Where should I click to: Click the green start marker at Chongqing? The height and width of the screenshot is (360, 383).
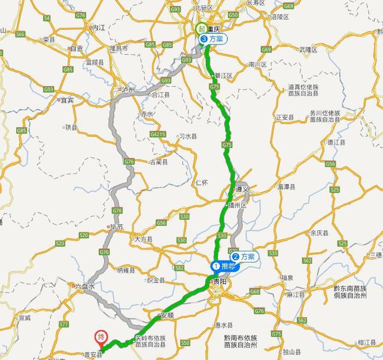[x=202, y=28]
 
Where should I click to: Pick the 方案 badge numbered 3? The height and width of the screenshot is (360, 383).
[x=213, y=38]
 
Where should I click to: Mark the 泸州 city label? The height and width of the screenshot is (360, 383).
[x=127, y=91]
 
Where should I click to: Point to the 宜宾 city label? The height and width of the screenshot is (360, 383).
[x=66, y=100]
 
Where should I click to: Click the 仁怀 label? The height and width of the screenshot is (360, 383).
[x=201, y=183]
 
